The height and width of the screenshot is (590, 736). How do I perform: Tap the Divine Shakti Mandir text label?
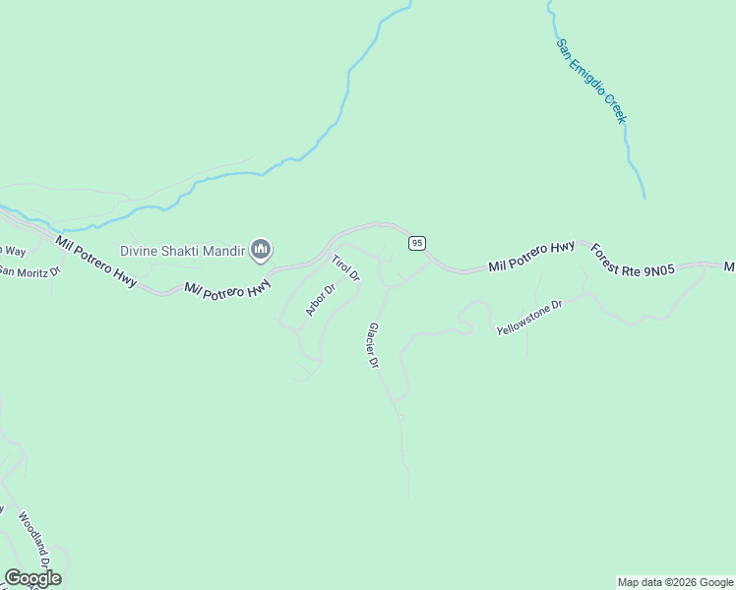pos(182,251)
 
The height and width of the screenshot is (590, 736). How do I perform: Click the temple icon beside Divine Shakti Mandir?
pos(261,251)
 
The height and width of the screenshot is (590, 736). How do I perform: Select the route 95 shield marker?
pos(417,242)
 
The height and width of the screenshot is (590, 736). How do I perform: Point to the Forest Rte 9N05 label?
pos(633,261)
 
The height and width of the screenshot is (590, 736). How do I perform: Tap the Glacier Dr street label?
pos(374,345)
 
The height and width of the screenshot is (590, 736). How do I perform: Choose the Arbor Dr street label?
pos(321,300)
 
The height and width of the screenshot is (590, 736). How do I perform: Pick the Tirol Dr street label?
pos(345,268)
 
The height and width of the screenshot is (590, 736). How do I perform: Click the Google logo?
pos(32,578)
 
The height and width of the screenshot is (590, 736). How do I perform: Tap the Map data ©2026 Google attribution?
pos(675,582)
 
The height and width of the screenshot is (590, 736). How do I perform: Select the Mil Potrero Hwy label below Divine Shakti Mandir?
pos(227,288)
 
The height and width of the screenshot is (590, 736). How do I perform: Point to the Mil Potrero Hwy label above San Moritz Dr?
pos(95,261)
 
